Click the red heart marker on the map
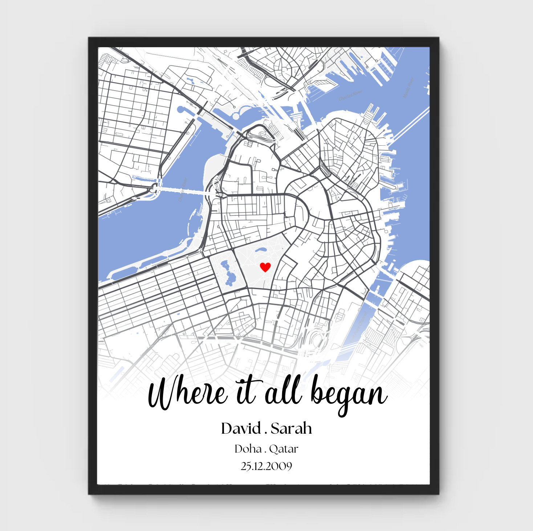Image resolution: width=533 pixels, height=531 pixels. tap(265, 267)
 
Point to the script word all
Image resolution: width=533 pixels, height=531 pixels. tap(283, 392)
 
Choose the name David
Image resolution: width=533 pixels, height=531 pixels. tap(241, 429)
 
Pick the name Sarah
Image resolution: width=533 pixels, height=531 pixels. tap(291, 429)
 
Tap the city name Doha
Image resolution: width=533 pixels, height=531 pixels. tap(248, 449)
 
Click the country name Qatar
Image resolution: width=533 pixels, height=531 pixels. tap(284, 449)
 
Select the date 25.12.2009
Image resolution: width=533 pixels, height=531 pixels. tap(266, 466)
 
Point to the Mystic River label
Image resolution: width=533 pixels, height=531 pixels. tap(408, 88)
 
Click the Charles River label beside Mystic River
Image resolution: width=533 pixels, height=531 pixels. tap(350, 96)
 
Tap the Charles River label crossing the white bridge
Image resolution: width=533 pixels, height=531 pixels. tap(182, 189)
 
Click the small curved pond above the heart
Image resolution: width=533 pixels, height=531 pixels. tap(260, 250)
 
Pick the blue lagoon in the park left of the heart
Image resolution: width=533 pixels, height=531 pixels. tap(228, 273)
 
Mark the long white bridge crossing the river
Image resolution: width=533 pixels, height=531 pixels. tap(185, 190)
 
